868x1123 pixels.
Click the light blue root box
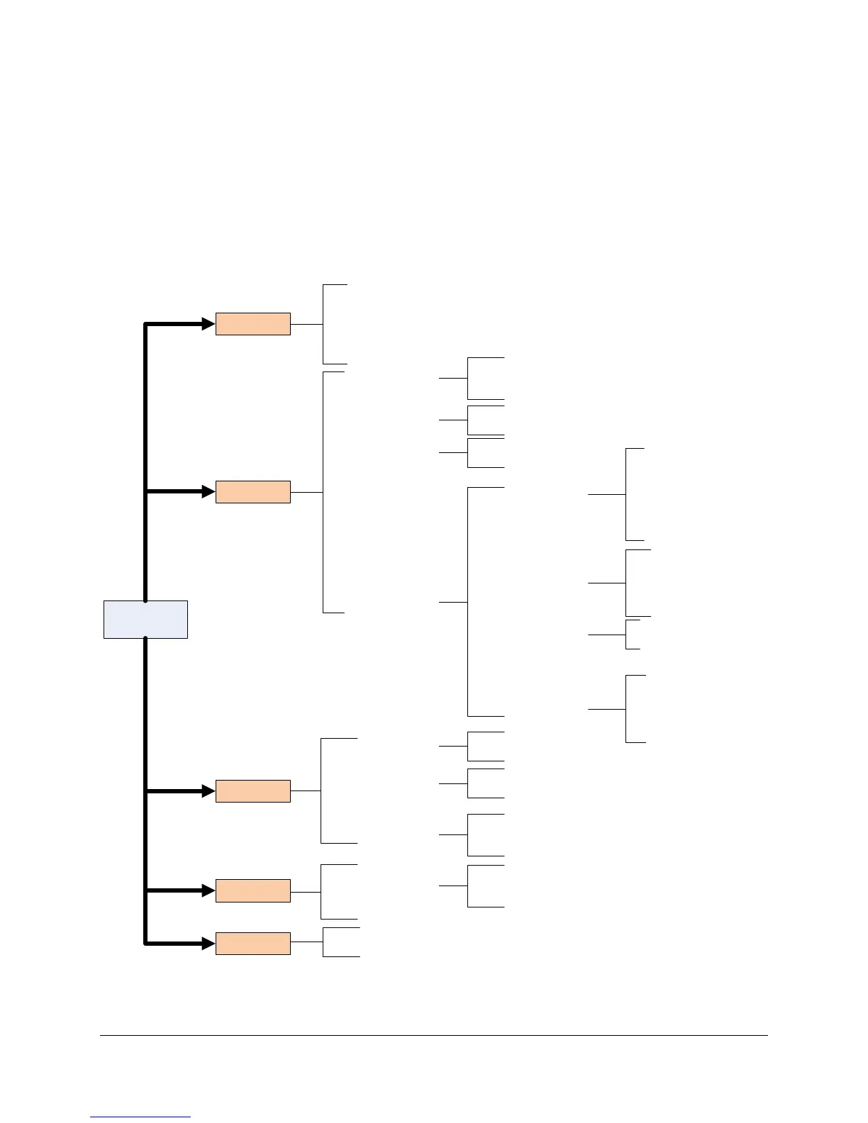pos(145,619)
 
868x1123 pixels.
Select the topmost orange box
pos(252,324)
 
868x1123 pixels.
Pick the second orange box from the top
pos(252,492)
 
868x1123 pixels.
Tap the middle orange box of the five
pos(252,791)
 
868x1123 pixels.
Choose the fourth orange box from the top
pos(252,890)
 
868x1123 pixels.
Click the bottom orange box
pos(252,944)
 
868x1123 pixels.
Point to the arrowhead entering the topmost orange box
pos(208,324)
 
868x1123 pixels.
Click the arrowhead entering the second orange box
pos(208,491)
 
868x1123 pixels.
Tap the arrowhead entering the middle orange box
pos(208,791)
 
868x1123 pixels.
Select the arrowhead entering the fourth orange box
pos(208,890)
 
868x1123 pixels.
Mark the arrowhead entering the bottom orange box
pos(208,944)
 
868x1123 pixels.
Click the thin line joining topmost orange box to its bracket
pos(306,324)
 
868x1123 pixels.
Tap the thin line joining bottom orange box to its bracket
pos(306,942)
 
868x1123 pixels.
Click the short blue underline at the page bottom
pos(140,1117)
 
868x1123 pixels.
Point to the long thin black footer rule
pos(433,1035)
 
